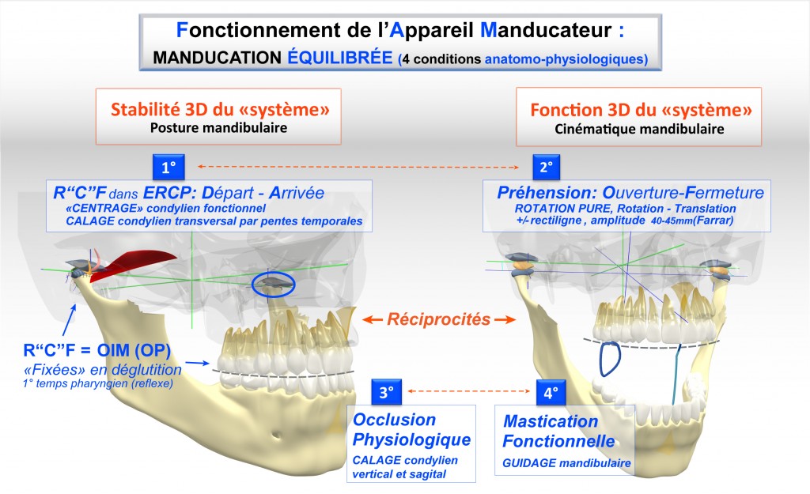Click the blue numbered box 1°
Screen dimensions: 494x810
[x=168, y=168]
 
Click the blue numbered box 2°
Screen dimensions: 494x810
[x=546, y=168]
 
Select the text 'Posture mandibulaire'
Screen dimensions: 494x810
[x=221, y=127]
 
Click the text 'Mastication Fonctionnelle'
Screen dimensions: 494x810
[x=551, y=430]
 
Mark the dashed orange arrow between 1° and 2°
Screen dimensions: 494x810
[x=357, y=167]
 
